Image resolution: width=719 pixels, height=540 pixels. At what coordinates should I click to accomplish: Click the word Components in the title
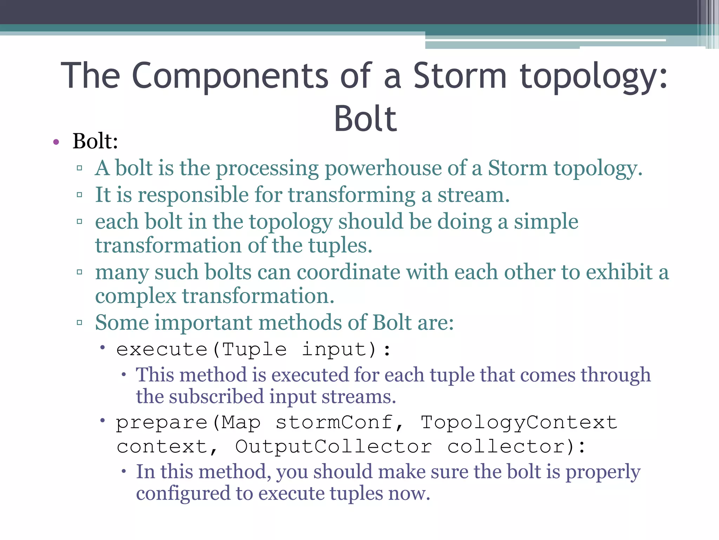[230, 76]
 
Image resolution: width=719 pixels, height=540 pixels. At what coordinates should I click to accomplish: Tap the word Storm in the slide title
[460, 76]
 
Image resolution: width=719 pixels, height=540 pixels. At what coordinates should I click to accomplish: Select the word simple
[546, 222]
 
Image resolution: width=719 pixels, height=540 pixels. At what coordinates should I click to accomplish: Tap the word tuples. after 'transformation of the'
[340, 245]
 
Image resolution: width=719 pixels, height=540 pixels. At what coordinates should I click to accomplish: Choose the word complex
[136, 296]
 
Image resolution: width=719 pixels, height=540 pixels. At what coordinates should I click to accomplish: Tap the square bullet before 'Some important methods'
[79, 322]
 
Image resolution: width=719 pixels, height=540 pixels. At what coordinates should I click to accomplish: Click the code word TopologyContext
[519, 422]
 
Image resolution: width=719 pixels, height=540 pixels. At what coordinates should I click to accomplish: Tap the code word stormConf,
[339, 422]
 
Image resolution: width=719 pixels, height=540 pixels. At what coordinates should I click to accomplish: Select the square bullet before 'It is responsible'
[79, 195]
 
